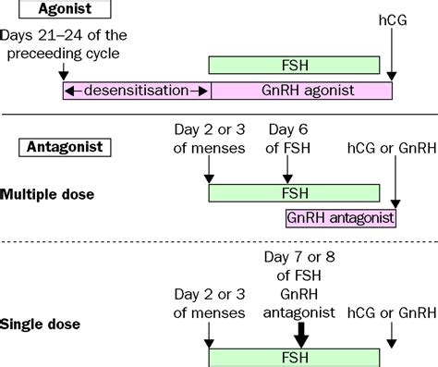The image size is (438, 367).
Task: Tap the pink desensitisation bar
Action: coord(137,91)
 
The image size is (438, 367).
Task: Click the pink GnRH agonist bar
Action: coord(301,91)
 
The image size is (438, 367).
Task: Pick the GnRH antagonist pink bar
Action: coord(340,217)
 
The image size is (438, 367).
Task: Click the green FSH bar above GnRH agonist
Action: coord(294,65)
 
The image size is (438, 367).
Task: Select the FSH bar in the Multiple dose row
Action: coord(294,191)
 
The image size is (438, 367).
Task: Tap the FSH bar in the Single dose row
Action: coord(294,357)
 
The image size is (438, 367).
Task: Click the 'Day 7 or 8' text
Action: coord(298,263)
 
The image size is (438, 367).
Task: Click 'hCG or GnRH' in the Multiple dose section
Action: coord(386,146)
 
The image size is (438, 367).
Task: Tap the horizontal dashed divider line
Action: coord(219,243)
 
